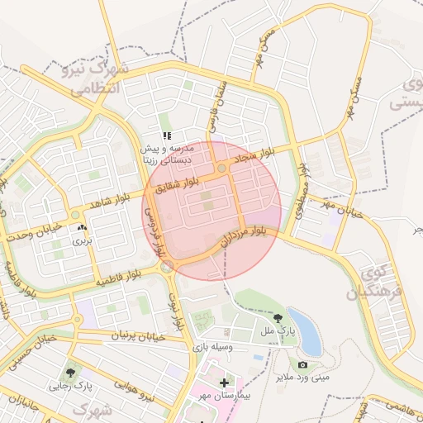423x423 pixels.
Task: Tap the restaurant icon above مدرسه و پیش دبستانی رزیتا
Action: pos(167,135)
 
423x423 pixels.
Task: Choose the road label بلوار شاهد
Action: pos(112,202)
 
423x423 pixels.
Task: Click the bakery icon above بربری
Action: pos(81,228)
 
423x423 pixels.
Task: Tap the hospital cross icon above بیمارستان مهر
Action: pos(225,383)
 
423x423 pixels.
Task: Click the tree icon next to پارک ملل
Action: pos(277,317)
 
